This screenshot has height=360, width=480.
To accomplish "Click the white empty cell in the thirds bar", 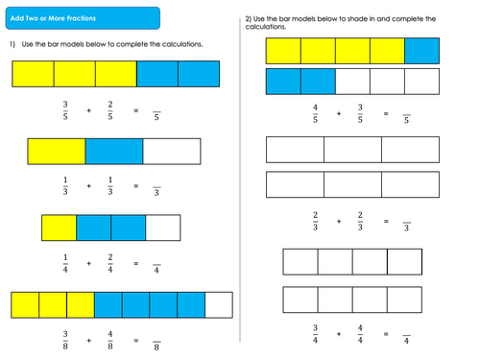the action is click(x=171, y=151).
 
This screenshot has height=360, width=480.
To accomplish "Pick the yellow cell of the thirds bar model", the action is click(x=57, y=151).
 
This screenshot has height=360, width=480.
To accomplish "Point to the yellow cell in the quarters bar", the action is click(x=59, y=227).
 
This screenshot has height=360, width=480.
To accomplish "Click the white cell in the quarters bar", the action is click(x=162, y=227).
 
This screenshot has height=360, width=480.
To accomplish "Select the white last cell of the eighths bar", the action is click(x=219, y=305).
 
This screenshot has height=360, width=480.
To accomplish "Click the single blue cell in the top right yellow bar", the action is click(x=421, y=51).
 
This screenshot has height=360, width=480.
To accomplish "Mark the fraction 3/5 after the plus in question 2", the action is click(x=360, y=114).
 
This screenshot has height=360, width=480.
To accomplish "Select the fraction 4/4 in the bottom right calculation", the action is click(x=360, y=335).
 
